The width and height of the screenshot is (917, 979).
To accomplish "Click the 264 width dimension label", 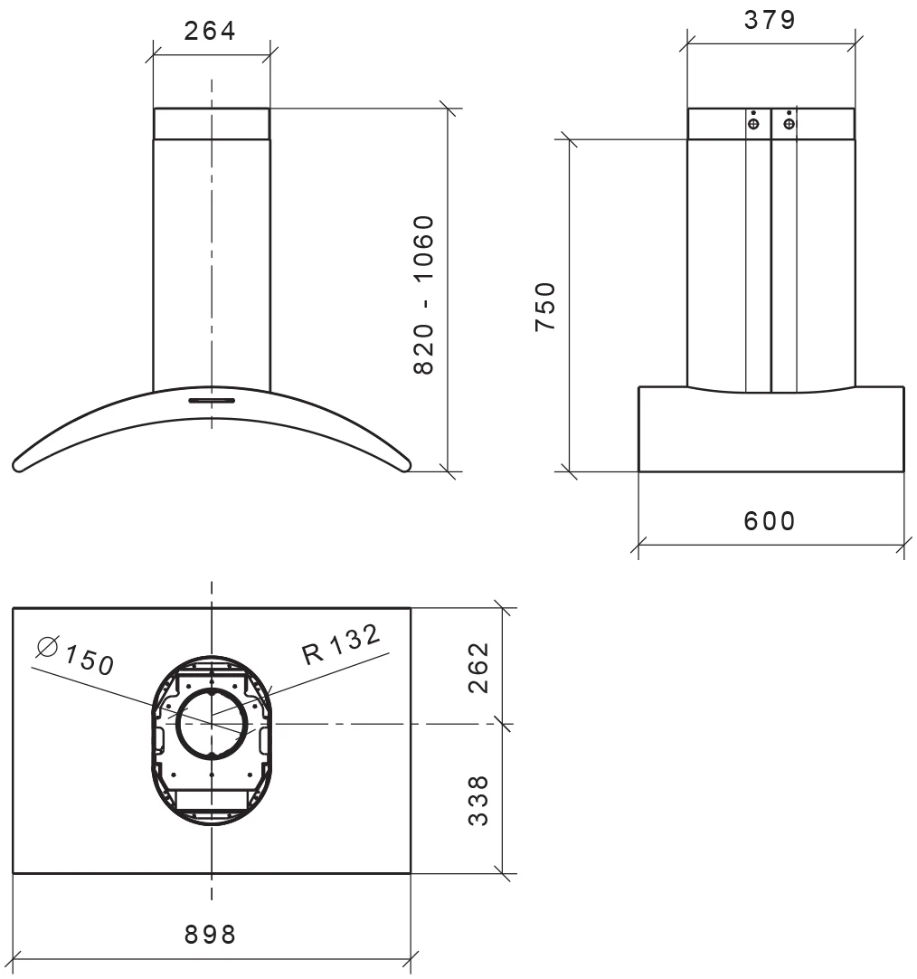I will pyautogui.click(x=210, y=30).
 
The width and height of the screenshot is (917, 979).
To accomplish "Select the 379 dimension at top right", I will pyautogui.click(x=770, y=19).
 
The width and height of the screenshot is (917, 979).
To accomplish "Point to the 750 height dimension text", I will pyautogui.click(x=544, y=307).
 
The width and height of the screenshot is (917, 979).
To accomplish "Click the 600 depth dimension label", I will pyautogui.click(x=770, y=521).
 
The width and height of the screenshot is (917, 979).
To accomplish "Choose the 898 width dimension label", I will pyautogui.click(x=210, y=934).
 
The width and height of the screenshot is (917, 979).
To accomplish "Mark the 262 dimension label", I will pyautogui.click(x=479, y=667).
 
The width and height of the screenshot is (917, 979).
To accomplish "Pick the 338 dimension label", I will pyautogui.click(x=479, y=799).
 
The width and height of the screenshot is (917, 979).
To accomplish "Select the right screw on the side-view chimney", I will pyautogui.click(x=789, y=123).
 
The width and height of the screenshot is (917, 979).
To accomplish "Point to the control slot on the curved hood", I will pyautogui.click(x=211, y=399).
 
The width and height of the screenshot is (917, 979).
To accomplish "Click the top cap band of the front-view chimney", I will pyautogui.click(x=211, y=124).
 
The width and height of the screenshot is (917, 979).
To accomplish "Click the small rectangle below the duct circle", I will pyautogui.click(x=211, y=798).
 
